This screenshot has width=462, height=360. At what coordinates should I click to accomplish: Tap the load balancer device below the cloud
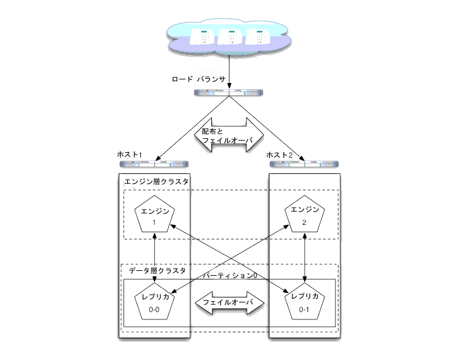point(230,93)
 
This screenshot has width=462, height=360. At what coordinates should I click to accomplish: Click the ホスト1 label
point(129,156)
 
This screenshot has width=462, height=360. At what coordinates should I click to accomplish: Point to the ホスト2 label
point(280,156)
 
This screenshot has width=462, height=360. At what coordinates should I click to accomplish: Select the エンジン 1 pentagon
point(154,216)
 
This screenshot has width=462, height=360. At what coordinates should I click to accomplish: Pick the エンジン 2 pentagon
point(304,216)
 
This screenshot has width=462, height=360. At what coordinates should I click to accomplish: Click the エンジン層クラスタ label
point(156,182)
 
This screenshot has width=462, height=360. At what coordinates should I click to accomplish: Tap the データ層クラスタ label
point(157,271)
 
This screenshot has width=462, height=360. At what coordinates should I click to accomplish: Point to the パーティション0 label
point(229,276)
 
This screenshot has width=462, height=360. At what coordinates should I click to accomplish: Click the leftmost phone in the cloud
point(202,37)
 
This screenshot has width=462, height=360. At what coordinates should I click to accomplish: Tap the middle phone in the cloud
point(230,37)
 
